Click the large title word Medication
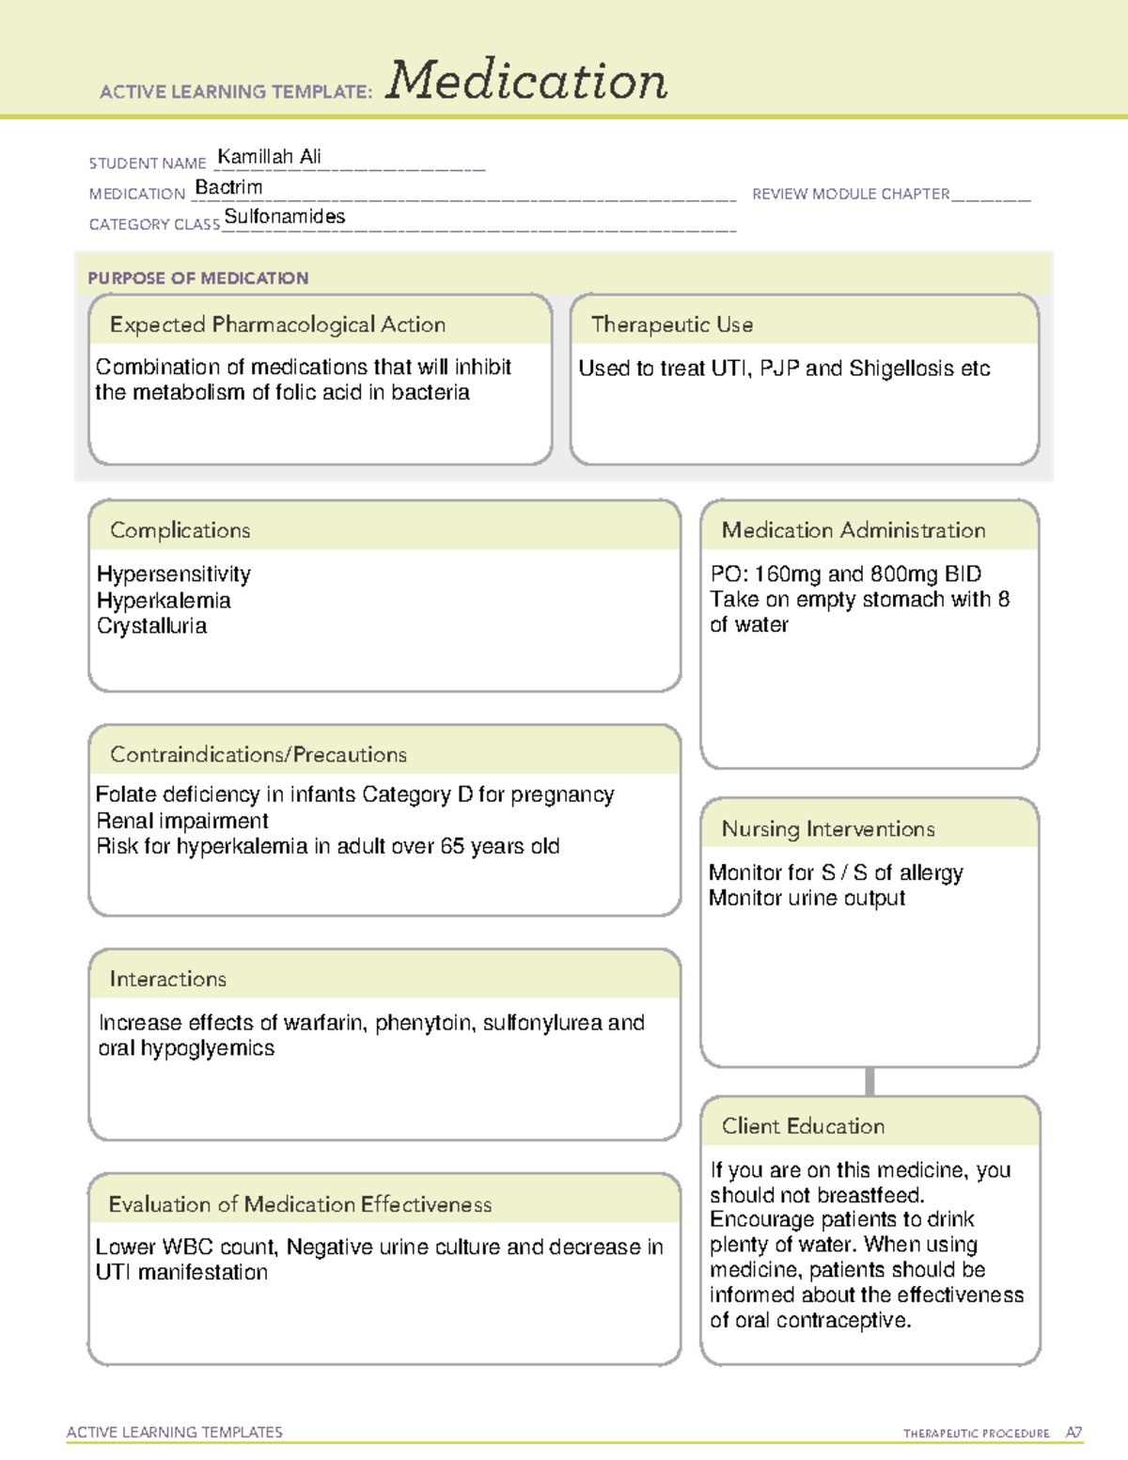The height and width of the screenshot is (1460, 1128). click(x=526, y=81)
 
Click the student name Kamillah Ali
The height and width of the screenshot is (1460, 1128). click(x=269, y=157)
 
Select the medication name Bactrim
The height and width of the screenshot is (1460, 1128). click(x=228, y=187)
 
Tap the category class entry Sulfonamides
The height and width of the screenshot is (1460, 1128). click(x=285, y=217)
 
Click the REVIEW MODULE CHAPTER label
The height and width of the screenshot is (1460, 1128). click(x=851, y=194)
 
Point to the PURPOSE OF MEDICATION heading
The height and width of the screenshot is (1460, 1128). click(x=198, y=278)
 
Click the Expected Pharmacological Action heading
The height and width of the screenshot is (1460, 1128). click(x=277, y=324)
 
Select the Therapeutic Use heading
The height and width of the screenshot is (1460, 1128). click(x=671, y=324)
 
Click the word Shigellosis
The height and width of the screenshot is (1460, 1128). click(x=901, y=369)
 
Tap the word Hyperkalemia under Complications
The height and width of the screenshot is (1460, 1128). click(x=164, y=600)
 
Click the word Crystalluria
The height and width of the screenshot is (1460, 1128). click(x=151, y=626)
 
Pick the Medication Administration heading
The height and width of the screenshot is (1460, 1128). click(x=854, y=530)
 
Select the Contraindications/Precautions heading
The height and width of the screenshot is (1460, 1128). click(x=258, y=755)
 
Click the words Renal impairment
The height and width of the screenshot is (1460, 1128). click(x=182, y=821)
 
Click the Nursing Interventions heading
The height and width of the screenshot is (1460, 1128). click(x=828, y=829)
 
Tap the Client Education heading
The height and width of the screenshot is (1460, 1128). click(x=803, y=1126)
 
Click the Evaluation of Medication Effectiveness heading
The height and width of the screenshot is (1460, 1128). click(x=300, y=1204)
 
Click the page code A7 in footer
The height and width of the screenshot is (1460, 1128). click(x=1073, y=1433)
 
